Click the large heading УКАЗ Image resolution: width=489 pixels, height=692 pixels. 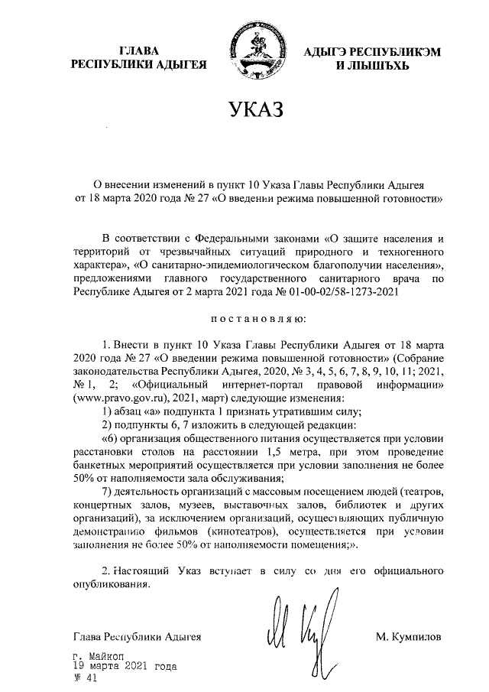click(x=244, y=109)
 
